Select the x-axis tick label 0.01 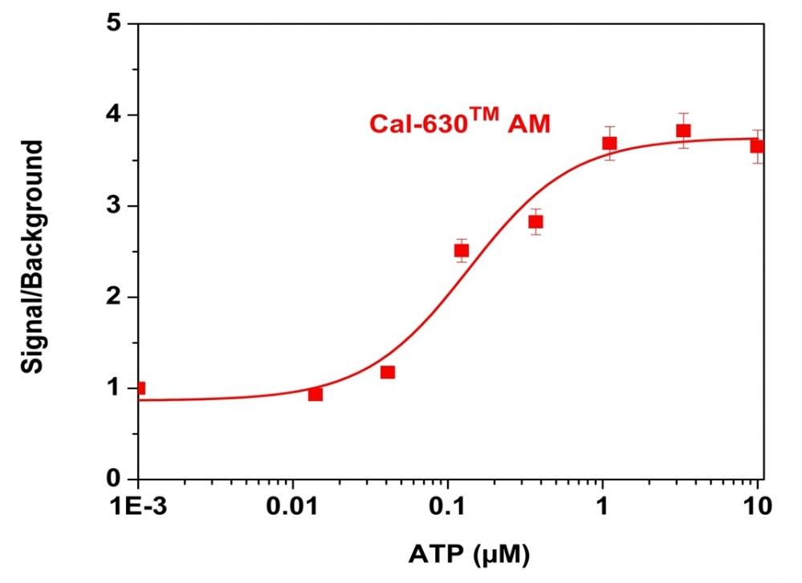click(x=294, y=507)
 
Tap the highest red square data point click(x=683, y=131)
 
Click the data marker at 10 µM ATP click(x=757, y=146)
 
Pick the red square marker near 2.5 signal click(x=462, y=250)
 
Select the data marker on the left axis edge click(x=140, y=388)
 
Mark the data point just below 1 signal click(x=316, y=394)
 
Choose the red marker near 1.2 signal click(x=388, y=371)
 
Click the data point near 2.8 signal click(x=535, y=221)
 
